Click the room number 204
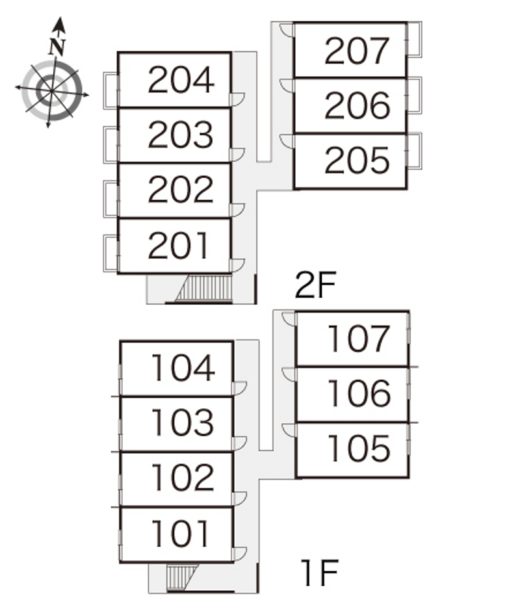pyautogui.click(x=181, y=81)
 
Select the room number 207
pyautogui.click(x=357, y=51)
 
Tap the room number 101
pyautogui.click(x=181, y=534)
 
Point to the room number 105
pyautogui.click(x=359, y=448)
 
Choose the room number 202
pyautogui.click(x=181, y=190)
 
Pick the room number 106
pyautogui.click(x=359, y=393)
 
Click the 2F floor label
pyautogui.click(x=314, y=285)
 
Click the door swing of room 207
pyautogui.click(x=287, y=30)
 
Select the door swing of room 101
pyautogui.click(x=240, y=554)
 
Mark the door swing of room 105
pyautogui.click(x=289, y=430)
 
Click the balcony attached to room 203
pyautogui.click(x=111, y=144)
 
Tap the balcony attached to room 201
pyautogui.click(x=111, y=253)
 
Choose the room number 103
pyautogui.click(x=181, y=422)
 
